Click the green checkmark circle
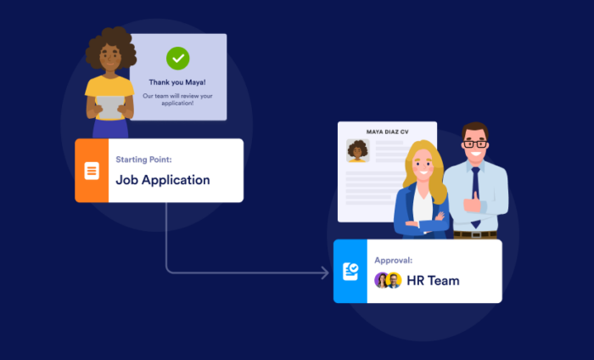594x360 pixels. pos(177,58)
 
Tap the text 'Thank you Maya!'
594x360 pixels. pos(177,83)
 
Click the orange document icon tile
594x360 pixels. pos(92,171)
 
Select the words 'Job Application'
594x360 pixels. pos(162,180)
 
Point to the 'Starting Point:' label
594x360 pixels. pos(143,159)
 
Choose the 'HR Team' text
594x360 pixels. pos(432,280)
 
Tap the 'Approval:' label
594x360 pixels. pos(394,260)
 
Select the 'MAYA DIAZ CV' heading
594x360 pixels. pos(387,132)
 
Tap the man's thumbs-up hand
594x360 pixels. pos(473,202)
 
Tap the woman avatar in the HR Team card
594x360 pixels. pos(382,280)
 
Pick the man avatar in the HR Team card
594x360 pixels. pos(394,280)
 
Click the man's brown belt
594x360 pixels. pos(476,233)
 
